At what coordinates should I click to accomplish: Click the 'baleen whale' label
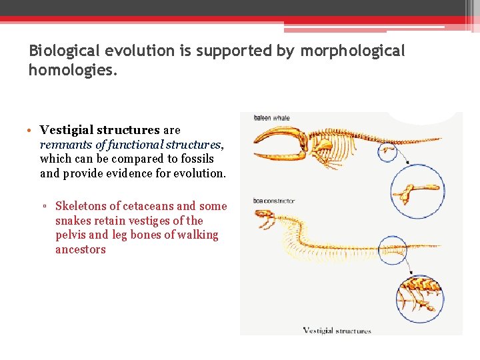271,118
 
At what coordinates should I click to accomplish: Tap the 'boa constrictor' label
273,201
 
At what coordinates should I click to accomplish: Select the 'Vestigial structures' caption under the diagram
337,330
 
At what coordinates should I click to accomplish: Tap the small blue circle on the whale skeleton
387,152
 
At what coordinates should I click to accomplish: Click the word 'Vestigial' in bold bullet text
67,130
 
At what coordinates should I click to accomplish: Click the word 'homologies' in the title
71,69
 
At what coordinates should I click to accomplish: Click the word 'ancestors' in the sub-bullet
80,249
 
